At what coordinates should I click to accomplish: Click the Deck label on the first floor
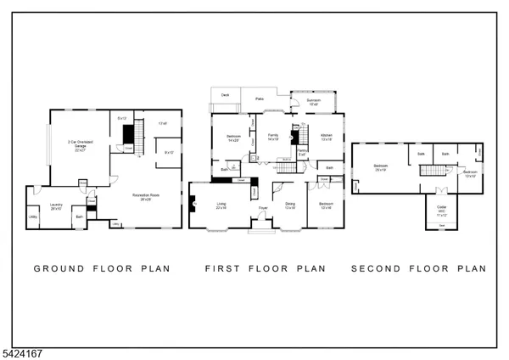click(x=226, y=95)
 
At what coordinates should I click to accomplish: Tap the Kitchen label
click(x=327, y=138)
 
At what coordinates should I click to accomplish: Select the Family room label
click(x=273, y=138)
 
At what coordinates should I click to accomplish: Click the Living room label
click(x=221, y=205)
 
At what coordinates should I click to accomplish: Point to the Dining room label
click(x=290, y=205)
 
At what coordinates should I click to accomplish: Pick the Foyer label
click(x=263, y=207)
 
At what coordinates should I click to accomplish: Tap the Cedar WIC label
click(x=442, y=209)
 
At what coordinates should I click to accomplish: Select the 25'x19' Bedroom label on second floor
click(x=381, y=167)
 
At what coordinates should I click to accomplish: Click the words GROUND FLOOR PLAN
click(x=102, y=268)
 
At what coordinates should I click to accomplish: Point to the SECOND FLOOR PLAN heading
click(x=419, y=268)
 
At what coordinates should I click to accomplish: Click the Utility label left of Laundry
click(x=33, y=216)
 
